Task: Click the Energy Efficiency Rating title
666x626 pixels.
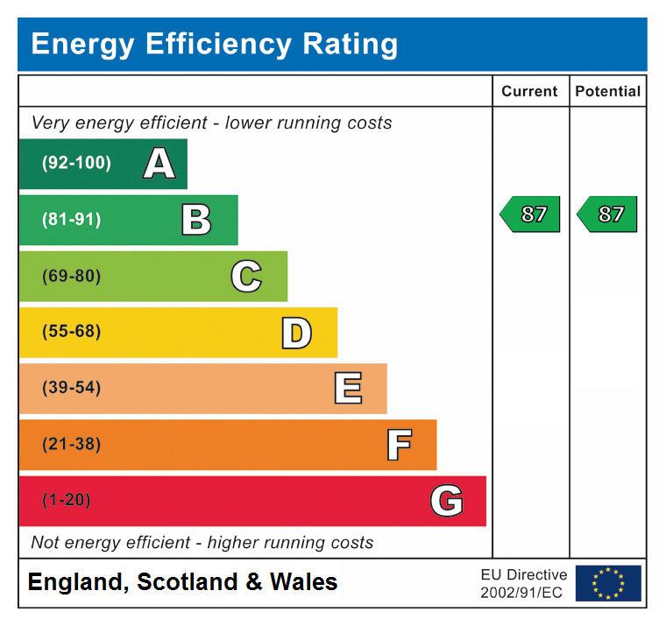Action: click(x=215, y=44)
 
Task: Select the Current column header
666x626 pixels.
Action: click(x=529, y=91)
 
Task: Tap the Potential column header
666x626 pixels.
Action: click(x=607, y=91)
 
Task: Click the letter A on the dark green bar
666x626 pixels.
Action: click(x=159, y=164)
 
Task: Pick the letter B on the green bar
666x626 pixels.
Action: click(x=196, y=220)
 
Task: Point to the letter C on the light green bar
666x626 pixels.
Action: click(x=246, y=277)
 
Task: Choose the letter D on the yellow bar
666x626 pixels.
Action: click(x=296, y=333)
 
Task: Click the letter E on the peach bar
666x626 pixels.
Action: click(x=348, y=389)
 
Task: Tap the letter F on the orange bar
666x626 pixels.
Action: click(x=399, y=445)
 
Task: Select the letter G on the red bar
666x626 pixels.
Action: click(x=446, y=502)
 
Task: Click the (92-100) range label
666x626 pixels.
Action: click(x=76, y=164)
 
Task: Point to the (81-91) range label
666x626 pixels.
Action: click(x=71, y=220)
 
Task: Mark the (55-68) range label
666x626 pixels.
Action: click(x=71, y=332)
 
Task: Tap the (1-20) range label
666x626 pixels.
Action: click(x=66, y=501)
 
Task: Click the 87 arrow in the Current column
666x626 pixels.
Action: click(x=530, y=215)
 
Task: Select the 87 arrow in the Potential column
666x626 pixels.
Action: click(x=607, y=215)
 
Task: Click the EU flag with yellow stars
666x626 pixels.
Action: click(x=608, y=583)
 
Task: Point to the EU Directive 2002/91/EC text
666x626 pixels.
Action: click(x=523, y=584)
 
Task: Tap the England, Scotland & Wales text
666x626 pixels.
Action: click(x=182, y=582)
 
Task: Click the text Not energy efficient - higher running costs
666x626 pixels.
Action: click(x=202, y=543)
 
